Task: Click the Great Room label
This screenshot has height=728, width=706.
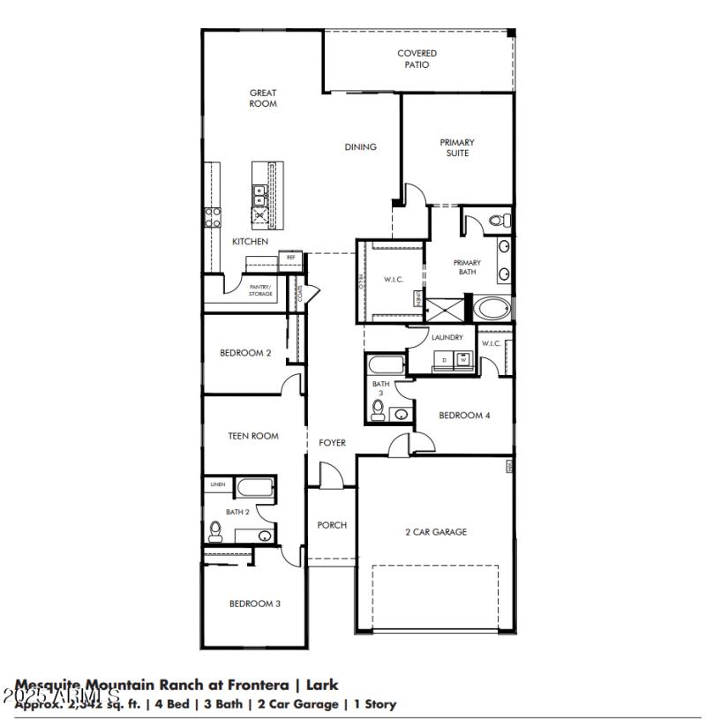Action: point(263,98)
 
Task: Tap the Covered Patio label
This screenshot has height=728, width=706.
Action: point(417,59)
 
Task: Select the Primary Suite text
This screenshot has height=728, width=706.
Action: point(457,147)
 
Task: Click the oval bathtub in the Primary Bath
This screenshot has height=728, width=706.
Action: point(492,309)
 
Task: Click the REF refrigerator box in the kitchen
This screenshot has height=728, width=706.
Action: point(290,258)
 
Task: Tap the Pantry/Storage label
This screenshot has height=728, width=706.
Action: point(260,290)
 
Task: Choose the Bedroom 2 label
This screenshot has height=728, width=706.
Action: point(245,353)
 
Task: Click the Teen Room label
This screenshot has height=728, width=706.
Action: point(253,436)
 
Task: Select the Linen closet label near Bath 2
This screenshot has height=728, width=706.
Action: point(217,484)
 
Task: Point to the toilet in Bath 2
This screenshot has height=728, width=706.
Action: point(214,530)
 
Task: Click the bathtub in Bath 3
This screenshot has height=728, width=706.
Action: point(387,365)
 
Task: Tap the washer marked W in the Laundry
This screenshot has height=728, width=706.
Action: point(462,358)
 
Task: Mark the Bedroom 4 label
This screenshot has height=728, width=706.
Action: point(464,416)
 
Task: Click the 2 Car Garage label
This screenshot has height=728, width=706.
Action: point(436,532)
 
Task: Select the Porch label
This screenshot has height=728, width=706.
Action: point(332,525)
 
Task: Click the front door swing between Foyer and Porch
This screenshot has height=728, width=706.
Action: point(330,477)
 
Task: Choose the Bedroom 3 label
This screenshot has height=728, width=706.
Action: point(255,604)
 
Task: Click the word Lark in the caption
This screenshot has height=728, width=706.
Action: point(322,685)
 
